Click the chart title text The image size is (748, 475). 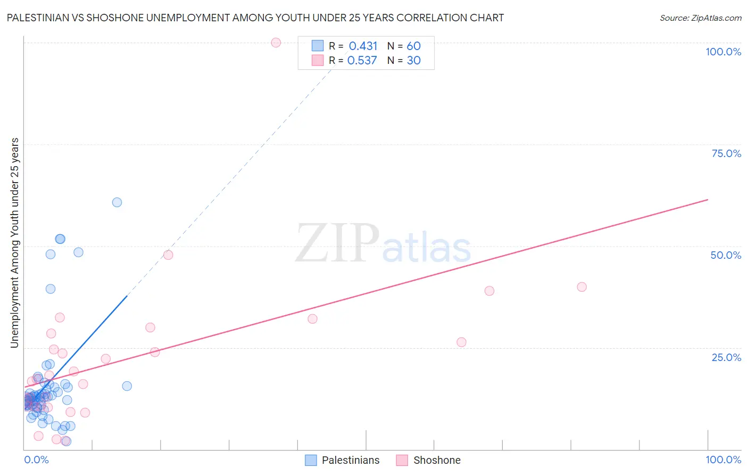[255, 18]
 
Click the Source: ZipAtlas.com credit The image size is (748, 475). [700, 18]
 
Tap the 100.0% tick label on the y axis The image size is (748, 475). [723, 52]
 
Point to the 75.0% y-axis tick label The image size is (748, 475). [726, 153]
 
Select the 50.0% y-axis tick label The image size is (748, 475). [726, 255]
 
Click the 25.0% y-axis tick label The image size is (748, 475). [726, 357]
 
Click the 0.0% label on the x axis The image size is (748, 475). [36, 460]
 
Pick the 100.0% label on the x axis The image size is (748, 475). [723, 460]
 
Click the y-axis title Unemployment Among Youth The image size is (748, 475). [15, 242]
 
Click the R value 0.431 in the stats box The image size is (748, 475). [363, 46]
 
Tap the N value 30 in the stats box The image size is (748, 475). [413, 61]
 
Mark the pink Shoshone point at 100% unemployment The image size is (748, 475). [276, 43]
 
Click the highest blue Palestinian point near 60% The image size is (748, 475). [117, 202]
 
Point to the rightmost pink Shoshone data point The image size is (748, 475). [581, 287]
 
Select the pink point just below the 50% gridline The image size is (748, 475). [168, 255]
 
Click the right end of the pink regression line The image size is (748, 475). [708, 200]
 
